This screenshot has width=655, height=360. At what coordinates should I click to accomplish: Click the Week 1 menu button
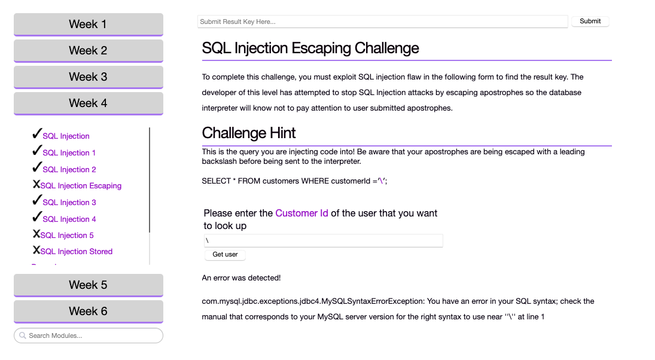tap(88, 25)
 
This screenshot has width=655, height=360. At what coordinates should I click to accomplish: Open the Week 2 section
tap(88, 51)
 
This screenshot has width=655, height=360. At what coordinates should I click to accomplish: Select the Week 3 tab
tap(88, 77)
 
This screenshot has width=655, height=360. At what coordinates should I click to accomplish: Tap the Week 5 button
tap(88, 285)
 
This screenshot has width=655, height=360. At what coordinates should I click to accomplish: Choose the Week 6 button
tap(88, 312)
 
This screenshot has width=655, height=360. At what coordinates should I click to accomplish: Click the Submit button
tap(590, 22)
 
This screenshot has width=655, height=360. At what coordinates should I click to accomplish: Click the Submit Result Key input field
tap(382, 22)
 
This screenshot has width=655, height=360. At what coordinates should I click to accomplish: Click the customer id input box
tap(323, 240)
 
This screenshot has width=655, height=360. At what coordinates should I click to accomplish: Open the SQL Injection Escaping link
tap(81, 186)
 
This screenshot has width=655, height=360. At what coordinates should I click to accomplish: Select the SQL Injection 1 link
tap(69, 153)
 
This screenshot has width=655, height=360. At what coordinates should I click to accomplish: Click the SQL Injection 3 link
tap(69, 203)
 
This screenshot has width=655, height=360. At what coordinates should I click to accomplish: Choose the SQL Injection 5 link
tap(67, 236)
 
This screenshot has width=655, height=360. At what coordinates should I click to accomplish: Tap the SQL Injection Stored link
tap(77, 252)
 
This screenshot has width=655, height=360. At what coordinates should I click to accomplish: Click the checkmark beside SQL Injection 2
tap(36, 167)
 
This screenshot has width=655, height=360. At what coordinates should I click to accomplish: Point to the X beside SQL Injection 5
tap(36, 234)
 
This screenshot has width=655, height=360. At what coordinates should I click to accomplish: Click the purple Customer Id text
tap(301, 213)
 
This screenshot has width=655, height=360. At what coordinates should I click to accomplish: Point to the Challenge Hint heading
tap(249, 133)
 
